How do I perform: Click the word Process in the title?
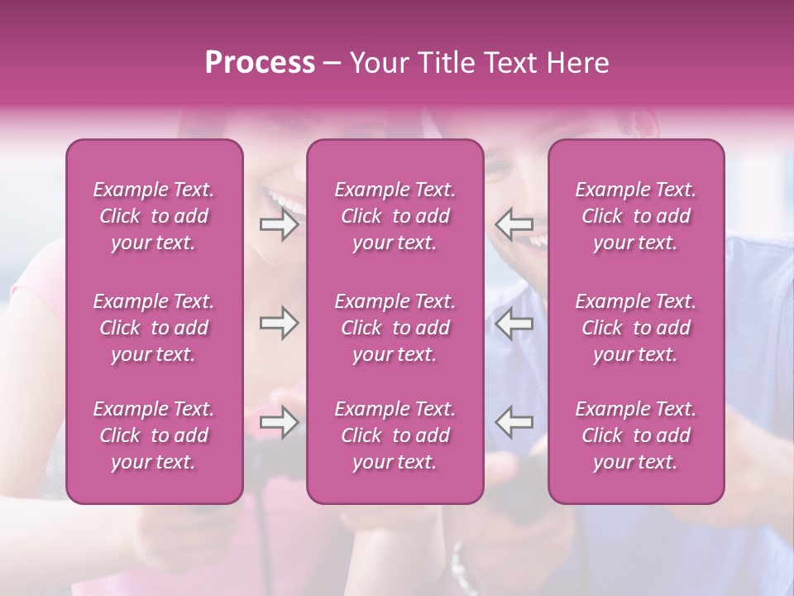[260, 63]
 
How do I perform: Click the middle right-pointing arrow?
[279, 324]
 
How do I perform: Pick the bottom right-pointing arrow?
[279, 422]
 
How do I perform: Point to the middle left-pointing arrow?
[514, 324]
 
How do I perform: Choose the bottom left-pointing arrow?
[514, 422]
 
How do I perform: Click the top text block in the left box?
[154, 216]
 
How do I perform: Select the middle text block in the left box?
[154, 328]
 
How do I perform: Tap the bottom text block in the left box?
[154, 435]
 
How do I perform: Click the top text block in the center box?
[395, 216]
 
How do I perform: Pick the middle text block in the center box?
[395, 328]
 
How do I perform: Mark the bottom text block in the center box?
[395, 435]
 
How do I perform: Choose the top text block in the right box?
[636, 216]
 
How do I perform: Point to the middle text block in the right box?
[636, 328]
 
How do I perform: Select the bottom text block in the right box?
[636, 435]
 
